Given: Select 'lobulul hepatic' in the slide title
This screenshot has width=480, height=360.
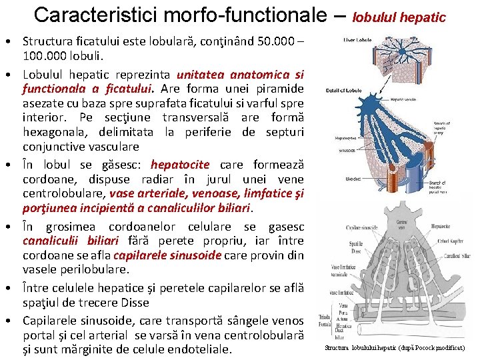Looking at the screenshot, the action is [399, 17].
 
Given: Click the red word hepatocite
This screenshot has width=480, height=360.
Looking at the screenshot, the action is [180, 165].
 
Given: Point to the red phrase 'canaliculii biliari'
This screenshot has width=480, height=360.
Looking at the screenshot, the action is [71, 241].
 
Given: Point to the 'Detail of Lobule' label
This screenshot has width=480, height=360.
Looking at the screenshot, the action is [343, 90].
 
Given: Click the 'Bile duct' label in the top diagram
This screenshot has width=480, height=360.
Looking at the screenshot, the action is [353, 179].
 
